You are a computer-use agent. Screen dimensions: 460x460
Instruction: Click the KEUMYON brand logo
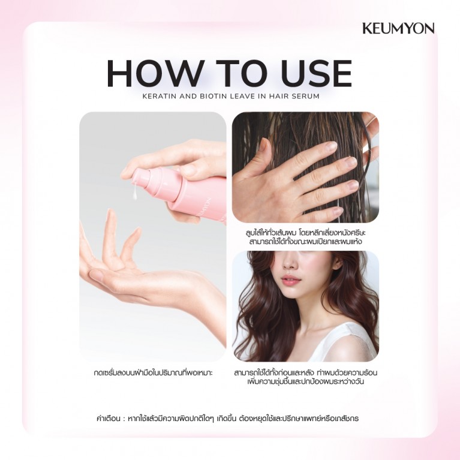coord(398,28)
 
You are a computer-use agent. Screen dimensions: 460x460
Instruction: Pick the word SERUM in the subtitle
coord(303,95)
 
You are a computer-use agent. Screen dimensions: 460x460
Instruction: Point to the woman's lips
coord(290,279)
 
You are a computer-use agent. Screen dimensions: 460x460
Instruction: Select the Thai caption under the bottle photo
coord(153,373)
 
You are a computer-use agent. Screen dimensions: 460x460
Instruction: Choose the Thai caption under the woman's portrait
coord(305,377)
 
